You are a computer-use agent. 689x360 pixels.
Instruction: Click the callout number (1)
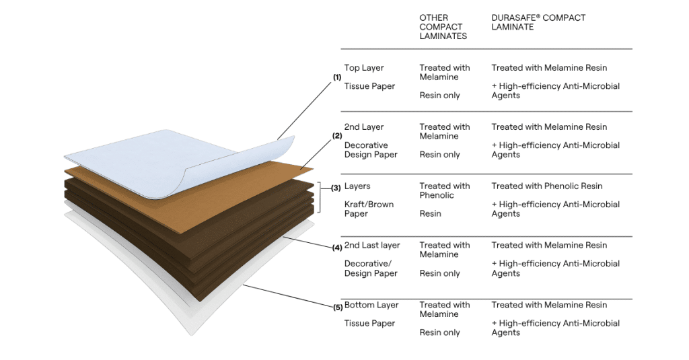click(337, 77)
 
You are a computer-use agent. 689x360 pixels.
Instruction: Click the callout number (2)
click(337, 136)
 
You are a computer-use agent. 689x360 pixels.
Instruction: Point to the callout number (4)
click(337, 248)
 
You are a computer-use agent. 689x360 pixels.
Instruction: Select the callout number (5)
click(338, 308)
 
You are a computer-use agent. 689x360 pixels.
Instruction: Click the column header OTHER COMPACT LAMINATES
click(443, 27)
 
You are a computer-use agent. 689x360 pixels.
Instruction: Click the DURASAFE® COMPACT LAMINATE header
click(538, 22)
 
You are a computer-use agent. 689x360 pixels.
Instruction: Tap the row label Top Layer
click(364, 68)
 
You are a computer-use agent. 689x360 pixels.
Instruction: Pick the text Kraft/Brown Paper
click(369, 209)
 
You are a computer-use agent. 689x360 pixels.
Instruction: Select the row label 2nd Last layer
click(372, 246)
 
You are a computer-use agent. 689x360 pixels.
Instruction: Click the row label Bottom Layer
click(371, 305)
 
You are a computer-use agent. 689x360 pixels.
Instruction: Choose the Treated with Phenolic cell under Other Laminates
click(444, 190)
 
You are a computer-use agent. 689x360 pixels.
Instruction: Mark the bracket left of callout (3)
click(320, 196)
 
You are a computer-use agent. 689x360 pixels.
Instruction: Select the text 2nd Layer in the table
click(364, 127)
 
